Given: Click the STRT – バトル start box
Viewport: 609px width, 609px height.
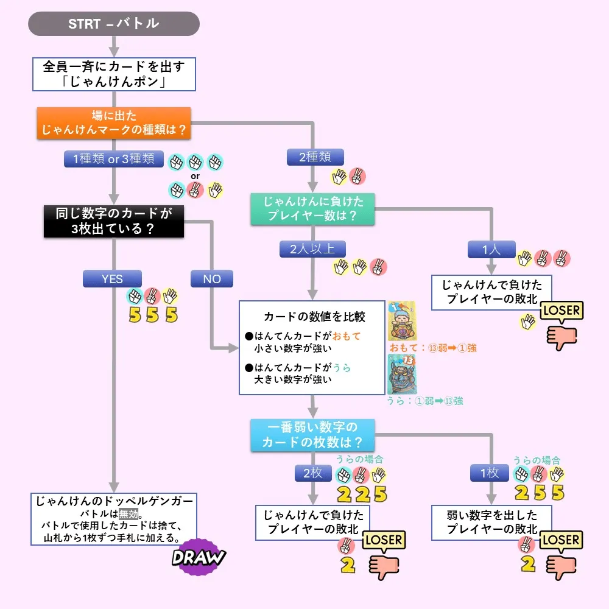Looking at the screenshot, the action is click(114, 24).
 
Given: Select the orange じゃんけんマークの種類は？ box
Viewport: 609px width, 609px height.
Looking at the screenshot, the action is click(114, 123).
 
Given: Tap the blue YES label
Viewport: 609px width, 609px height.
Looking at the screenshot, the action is click(112, 278).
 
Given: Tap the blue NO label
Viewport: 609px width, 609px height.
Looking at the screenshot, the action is click(212, 278).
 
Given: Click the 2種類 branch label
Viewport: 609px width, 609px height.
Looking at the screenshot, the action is click(315, 157).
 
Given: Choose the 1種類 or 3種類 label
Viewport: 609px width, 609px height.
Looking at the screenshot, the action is click(114, 159).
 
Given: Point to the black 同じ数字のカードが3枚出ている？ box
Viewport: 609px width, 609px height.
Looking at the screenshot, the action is click(114, 221).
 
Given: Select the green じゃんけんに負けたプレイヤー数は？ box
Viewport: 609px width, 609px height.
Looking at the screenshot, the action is click(312, 209).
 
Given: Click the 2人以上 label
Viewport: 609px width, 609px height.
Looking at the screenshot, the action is click(312, 249).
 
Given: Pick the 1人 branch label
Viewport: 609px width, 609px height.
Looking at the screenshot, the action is click(491, 249).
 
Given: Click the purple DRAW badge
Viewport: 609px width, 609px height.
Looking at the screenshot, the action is click(199, 557).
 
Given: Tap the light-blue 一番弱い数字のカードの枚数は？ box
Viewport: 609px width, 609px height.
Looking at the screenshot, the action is click(312, 435).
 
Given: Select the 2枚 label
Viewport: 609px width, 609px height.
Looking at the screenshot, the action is click(313, 473).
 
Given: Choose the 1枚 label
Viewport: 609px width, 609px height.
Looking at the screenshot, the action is click(490, 473).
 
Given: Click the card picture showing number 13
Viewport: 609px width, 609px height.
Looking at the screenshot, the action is click(402, 374).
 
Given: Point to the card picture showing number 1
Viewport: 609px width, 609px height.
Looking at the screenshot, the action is click(402, 321).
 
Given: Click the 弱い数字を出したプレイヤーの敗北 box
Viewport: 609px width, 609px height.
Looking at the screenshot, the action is click(491, 523).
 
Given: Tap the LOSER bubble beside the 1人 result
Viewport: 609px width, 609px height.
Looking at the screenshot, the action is click(562, 311).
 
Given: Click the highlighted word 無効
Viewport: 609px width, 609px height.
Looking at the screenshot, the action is click(128, 514).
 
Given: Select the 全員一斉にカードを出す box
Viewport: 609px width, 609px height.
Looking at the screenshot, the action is click(114, 74).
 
